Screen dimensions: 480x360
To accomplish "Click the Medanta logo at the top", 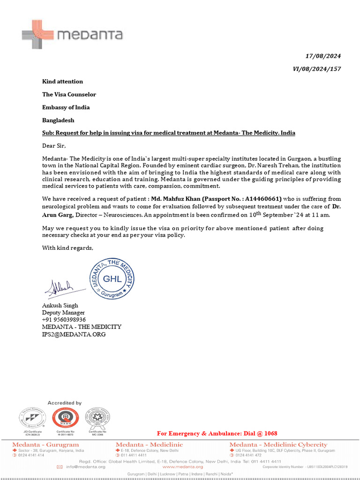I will point(72,35).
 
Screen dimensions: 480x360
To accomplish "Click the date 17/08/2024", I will point(323,56).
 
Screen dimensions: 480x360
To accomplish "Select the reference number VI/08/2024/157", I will point(317,69).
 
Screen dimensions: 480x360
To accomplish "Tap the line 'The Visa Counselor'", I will point(69,95).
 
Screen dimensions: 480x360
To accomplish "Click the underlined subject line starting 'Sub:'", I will point(169,133).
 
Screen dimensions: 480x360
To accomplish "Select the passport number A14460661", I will point(262,199).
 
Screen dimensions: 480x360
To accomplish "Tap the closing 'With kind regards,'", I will point(68,248).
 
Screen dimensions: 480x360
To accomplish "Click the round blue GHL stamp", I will point(112,278).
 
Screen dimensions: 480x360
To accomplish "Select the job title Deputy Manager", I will point(63,313).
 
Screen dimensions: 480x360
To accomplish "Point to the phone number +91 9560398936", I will point(64,320).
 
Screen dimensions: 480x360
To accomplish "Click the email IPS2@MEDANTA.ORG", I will point(74,334).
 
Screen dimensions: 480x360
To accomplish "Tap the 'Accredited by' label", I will point(65,403).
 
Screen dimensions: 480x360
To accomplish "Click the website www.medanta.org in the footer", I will point(182,467).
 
